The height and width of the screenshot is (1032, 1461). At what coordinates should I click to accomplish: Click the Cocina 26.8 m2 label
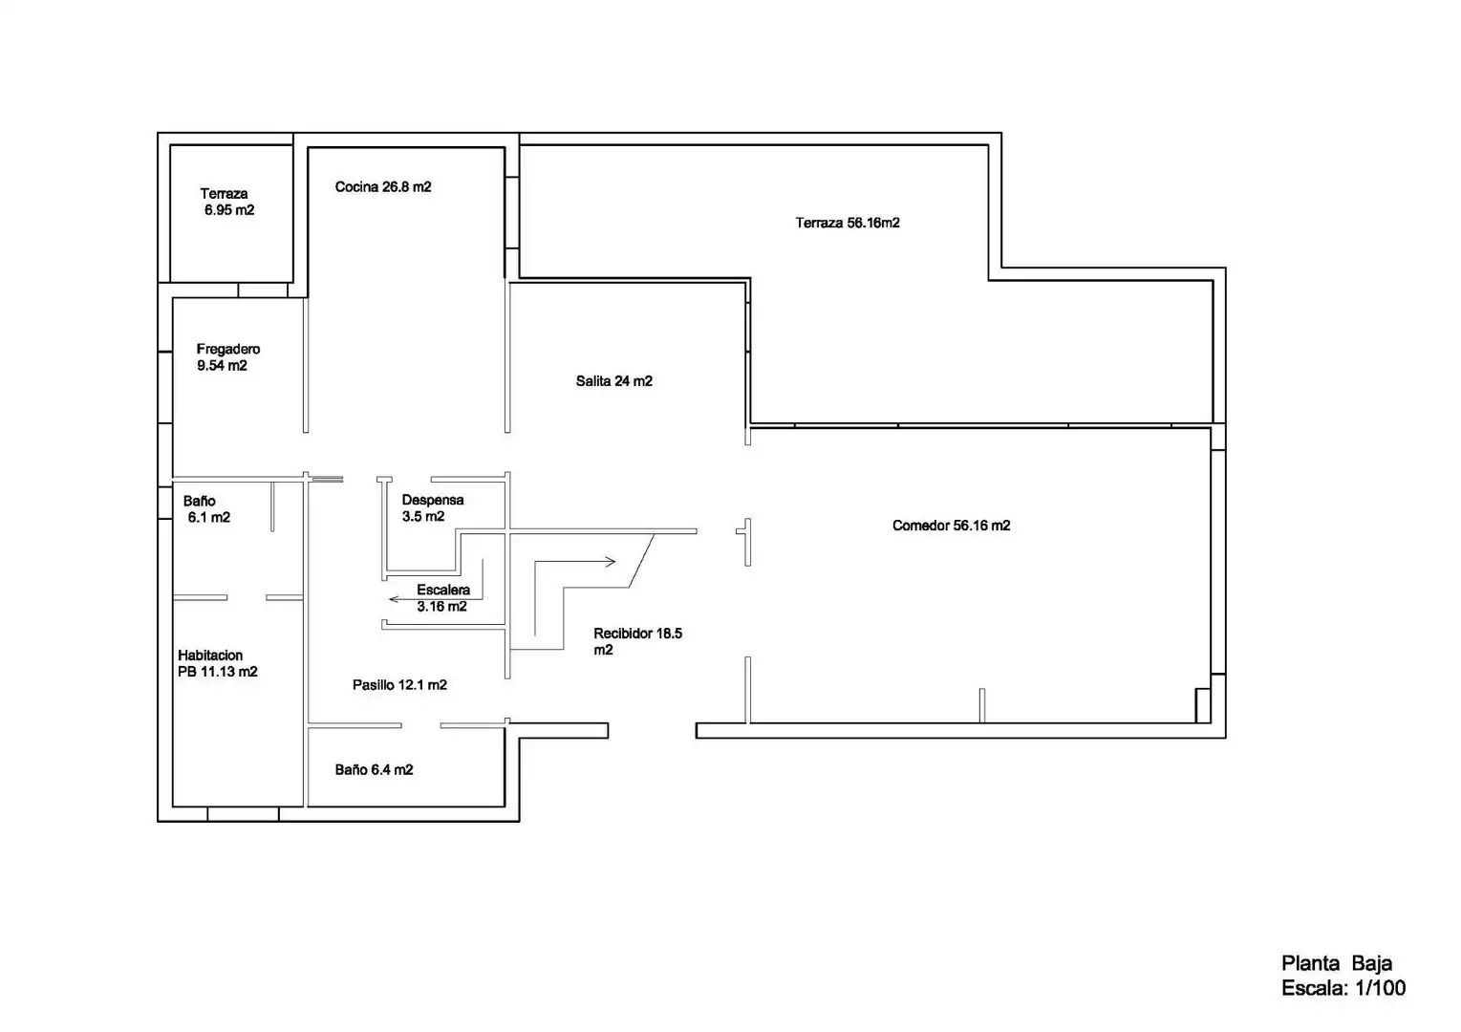[383, 187]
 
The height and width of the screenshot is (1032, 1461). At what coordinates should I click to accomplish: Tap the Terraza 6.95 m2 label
[227, 202]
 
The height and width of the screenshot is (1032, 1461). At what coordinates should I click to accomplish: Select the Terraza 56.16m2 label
[848, 223]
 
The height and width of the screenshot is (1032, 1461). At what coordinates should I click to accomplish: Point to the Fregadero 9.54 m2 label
[228, 356]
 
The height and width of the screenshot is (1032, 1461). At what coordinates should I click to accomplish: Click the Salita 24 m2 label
[613, 381]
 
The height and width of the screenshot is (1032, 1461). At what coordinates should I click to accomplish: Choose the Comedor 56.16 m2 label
[951, 526]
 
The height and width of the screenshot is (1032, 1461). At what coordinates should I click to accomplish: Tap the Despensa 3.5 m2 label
[433, 508]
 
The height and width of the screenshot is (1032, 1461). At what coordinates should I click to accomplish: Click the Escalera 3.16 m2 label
[442, 597]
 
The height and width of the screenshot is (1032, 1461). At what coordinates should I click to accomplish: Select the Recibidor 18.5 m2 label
[637, 641]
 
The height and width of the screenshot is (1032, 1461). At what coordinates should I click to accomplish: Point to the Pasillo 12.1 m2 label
[399, 685]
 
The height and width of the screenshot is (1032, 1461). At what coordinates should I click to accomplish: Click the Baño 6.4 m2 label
[374, 770]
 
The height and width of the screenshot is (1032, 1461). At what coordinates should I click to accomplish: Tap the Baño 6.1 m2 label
[206, 508]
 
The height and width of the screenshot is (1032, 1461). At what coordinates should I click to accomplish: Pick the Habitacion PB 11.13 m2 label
[217, 663]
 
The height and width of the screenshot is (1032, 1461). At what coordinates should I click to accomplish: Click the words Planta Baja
[1337, 963]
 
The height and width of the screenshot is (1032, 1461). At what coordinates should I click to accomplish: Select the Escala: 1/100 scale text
[1343, 988]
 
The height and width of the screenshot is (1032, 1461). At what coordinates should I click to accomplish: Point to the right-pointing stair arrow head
[611, 561]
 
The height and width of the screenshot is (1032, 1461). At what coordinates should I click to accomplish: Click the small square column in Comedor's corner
[1202, 705]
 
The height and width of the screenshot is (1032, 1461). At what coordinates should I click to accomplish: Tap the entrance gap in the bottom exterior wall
[653, 731]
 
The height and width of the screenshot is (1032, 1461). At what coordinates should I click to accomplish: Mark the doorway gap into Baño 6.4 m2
[420, 725]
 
